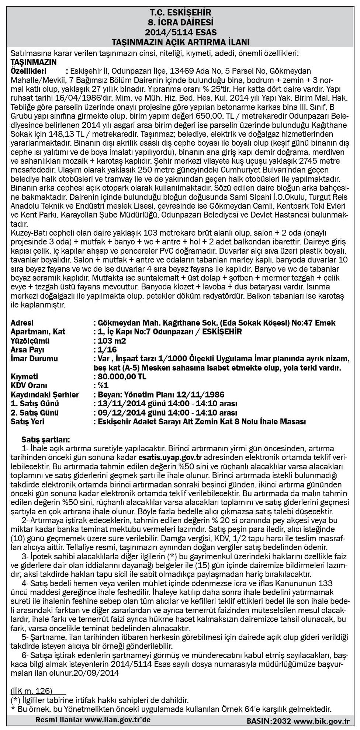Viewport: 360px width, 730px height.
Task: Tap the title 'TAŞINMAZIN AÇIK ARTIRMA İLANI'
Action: pyautogui.click(x=180, y=41)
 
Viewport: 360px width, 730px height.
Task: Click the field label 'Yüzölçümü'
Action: pyautogui.click(x=30, y=341)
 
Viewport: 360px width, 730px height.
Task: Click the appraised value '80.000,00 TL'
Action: pyautogui.click(x=122, y=377)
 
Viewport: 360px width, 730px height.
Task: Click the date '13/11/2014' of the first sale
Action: pyautogui.click(x=117, y=404)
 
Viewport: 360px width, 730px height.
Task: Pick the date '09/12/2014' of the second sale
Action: pyautogui.click(x=117, y=413)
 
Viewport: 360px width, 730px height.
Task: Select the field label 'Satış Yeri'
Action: pyautogui.click(x=28, y=422)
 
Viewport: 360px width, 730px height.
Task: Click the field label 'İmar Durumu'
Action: pyautogui.click(x=35, y=359)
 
